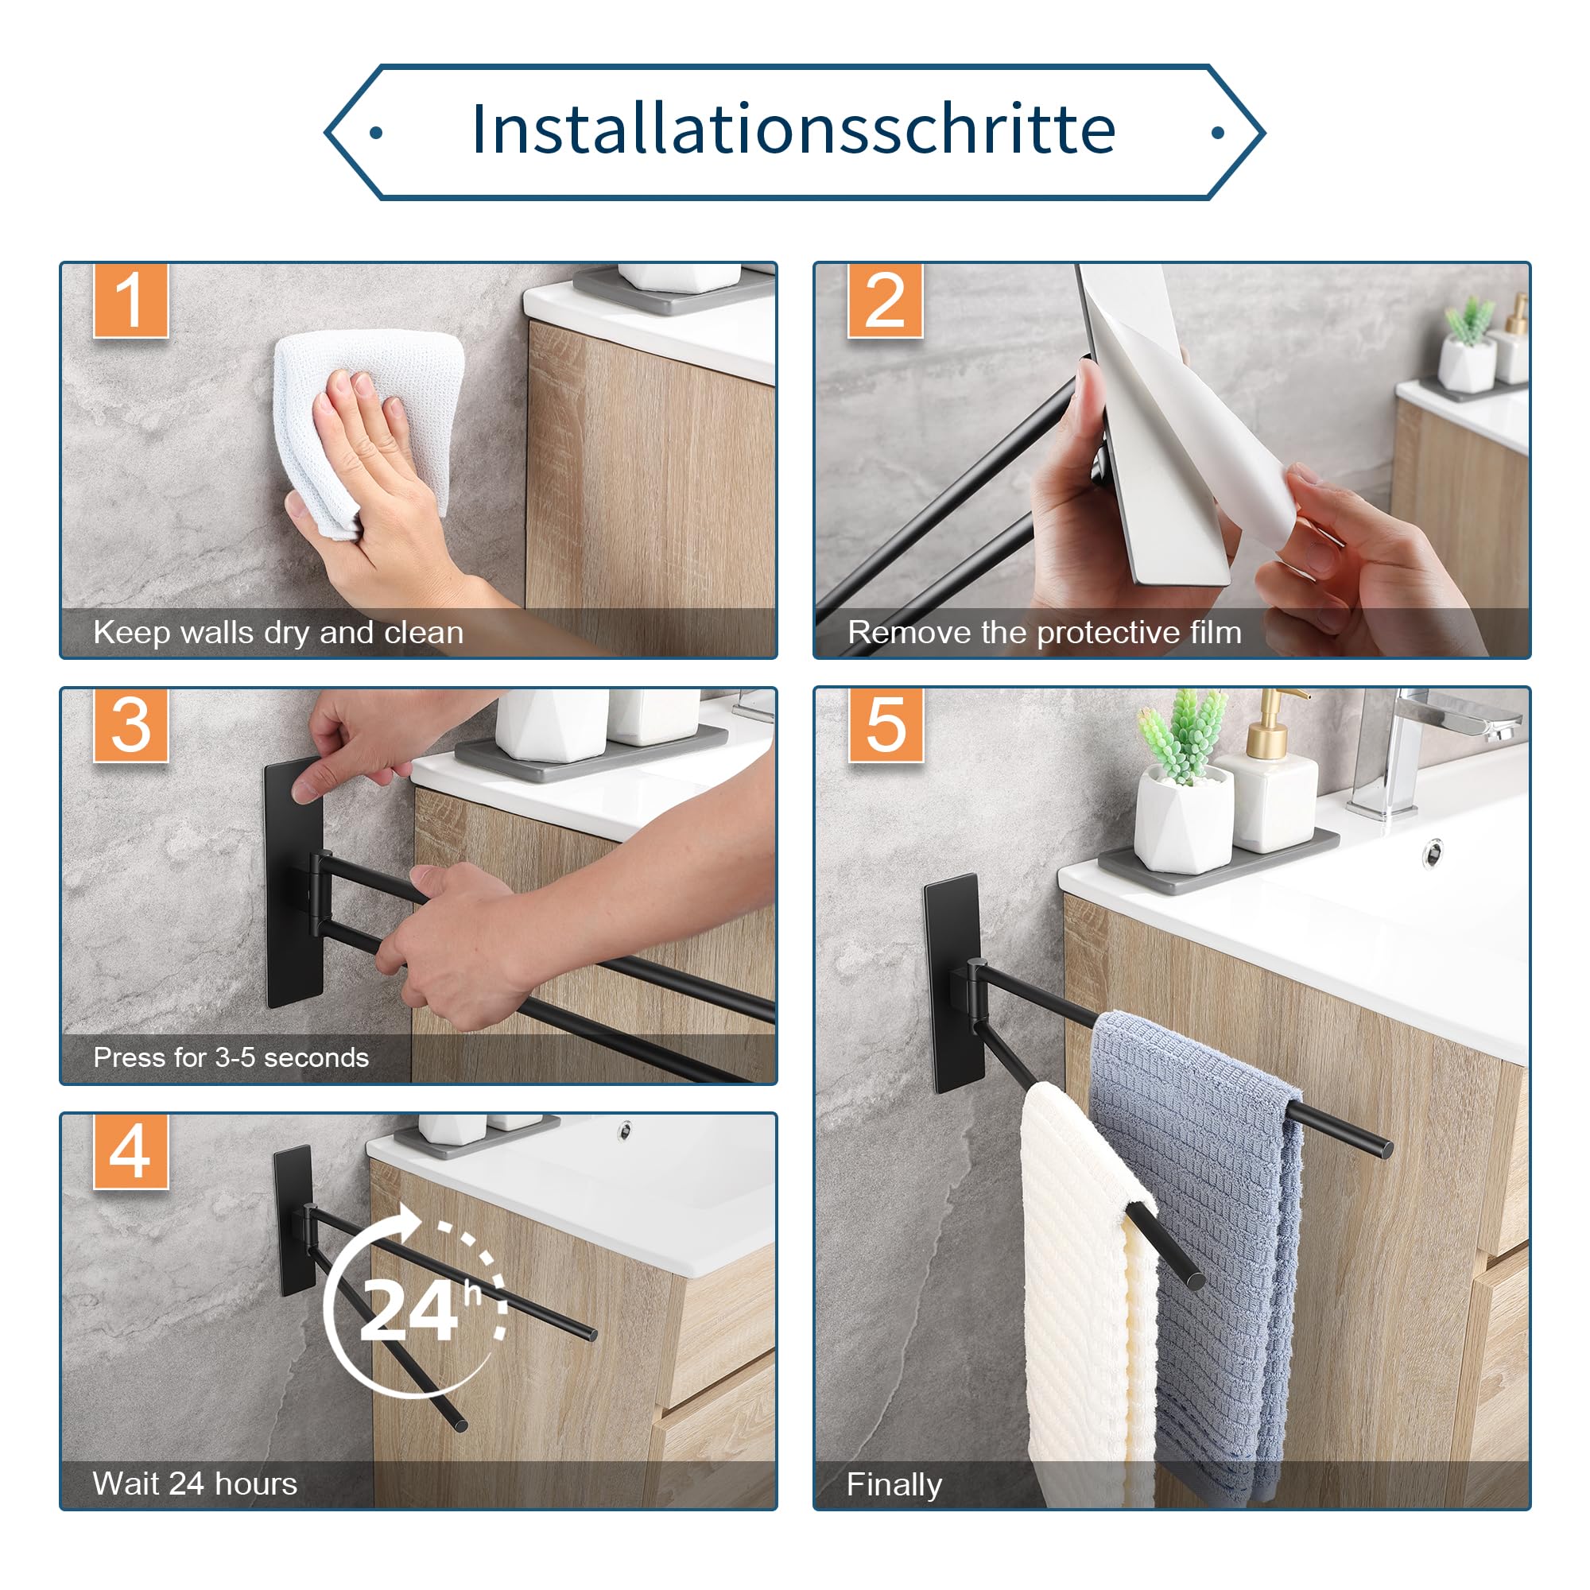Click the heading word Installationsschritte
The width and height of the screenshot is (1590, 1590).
tap(793, 130)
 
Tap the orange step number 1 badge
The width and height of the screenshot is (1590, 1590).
tap(131, 301)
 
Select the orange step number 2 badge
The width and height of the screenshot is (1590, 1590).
tap(885, 301)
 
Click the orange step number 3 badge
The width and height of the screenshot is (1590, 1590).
tap(131, 725)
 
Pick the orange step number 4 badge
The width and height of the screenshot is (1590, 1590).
tap(131, 1151)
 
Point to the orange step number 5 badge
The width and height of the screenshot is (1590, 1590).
tap(886, 725)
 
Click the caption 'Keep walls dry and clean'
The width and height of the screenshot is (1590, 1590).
tap(278, 633)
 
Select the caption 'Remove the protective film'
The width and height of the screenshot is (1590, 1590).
tap(1045, 633)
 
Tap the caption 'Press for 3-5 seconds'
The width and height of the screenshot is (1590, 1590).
tap(231, 1057)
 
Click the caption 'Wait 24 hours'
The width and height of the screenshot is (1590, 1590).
tap(195, 1483)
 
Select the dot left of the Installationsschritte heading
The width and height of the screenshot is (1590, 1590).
tap(376, 133)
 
